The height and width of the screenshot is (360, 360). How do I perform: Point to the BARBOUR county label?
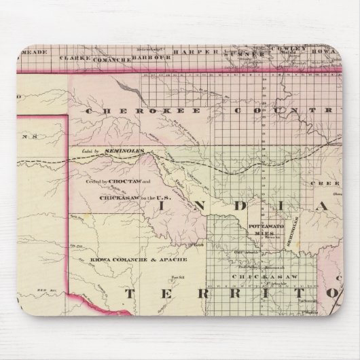(146, 57)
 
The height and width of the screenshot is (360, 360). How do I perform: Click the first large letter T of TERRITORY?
(132, 294)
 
